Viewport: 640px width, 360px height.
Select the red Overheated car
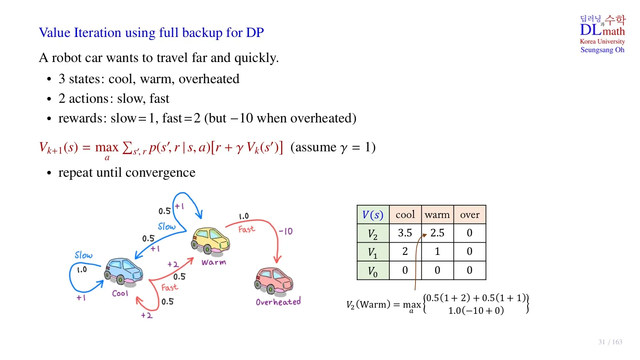click(274, 280)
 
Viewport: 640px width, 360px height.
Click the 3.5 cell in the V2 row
click(405, 233)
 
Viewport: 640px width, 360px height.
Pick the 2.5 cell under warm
click(437, 233)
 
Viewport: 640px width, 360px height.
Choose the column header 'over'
click(469, 215)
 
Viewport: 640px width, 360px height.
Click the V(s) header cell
click(373, 215)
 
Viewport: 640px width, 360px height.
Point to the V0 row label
click(373, 271)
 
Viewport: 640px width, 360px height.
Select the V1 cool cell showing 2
click(405, 251)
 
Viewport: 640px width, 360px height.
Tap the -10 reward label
click(286, 231)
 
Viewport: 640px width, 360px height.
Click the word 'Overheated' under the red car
click(278, 302)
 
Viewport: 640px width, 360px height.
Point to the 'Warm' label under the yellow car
click(214, 262)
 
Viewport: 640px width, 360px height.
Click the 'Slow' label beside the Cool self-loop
click(84, 255)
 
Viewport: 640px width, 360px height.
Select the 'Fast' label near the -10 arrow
click(246, 229)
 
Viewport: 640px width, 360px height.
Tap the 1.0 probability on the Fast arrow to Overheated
click(244, 216)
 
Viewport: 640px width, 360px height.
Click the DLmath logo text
click(602, 30)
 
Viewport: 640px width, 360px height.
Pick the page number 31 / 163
click(610, 342)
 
